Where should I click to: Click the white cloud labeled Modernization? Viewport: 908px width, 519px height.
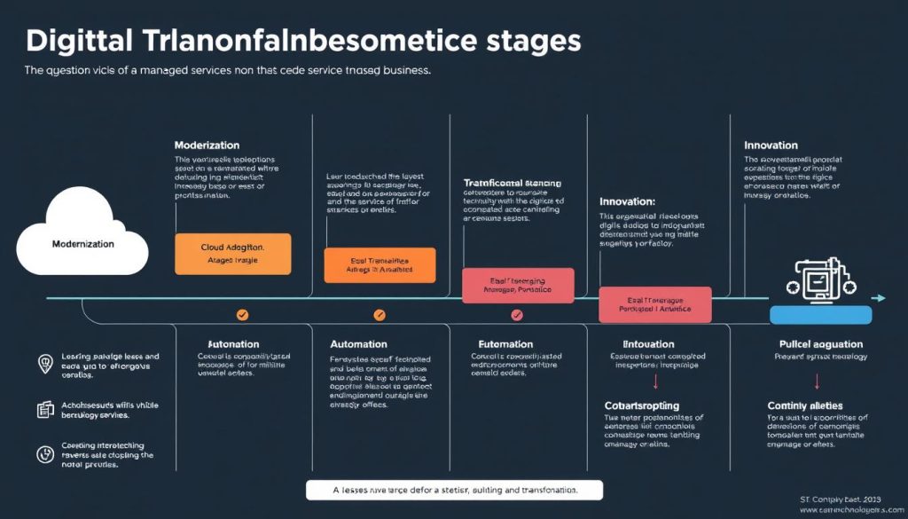click(x=82, y=238)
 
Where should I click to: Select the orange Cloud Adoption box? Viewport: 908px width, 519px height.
click(x=232, y=253)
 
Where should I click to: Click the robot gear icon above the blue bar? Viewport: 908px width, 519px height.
click(x=820, y=280)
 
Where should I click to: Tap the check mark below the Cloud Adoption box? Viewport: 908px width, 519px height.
click(x=242, y=314)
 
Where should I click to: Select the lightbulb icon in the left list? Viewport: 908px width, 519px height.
click(x=45, y=362)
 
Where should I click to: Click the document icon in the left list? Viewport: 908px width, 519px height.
click(x=45, y=409)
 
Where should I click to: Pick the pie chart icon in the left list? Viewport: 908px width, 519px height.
click(x=45, y=453)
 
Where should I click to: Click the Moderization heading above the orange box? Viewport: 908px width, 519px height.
click(x=207, y=145)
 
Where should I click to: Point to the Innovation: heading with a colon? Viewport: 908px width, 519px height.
click(x=627, y=201)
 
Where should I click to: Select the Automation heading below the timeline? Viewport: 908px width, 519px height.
click(x=358, y=343)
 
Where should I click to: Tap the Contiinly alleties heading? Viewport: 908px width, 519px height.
click(x=804, y=405)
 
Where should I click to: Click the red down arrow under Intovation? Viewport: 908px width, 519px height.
click(x=655, y=381)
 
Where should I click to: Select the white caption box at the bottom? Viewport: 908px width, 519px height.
click(x=453, y=490)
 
